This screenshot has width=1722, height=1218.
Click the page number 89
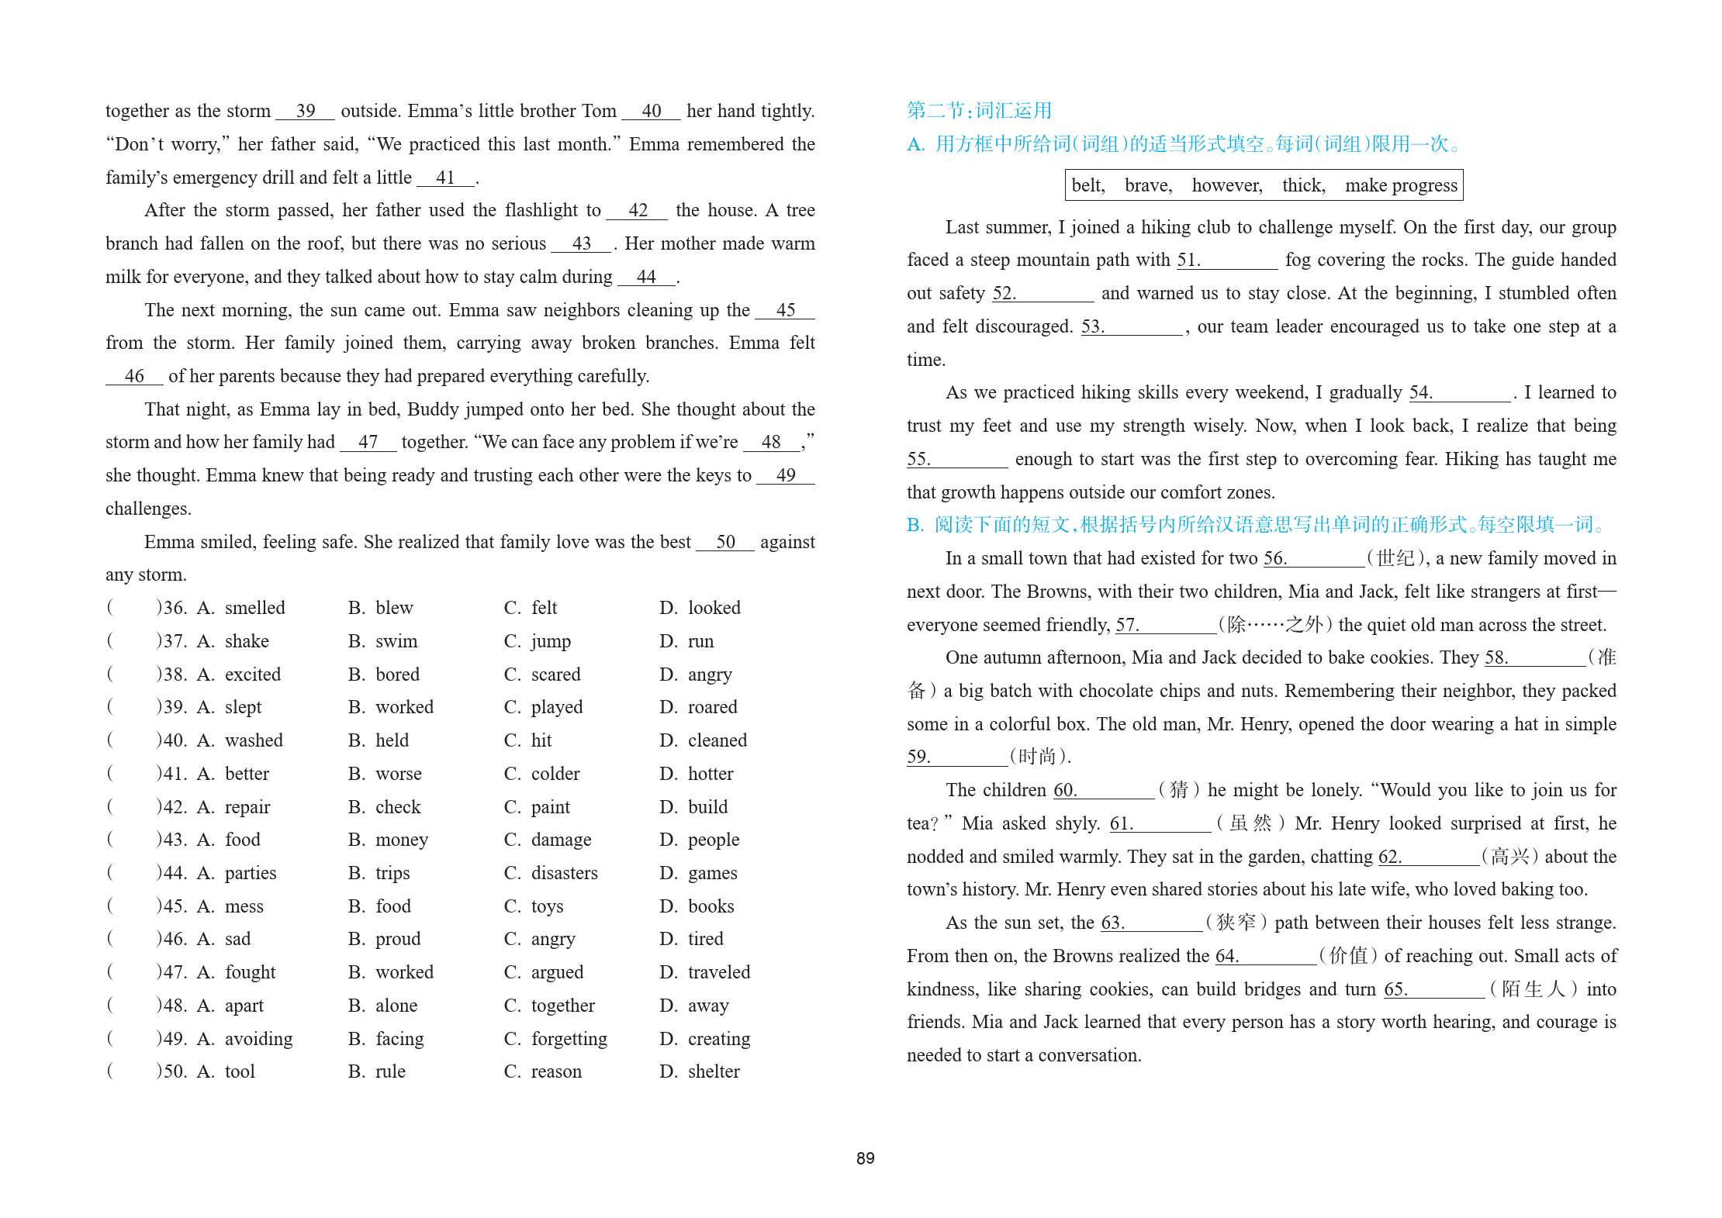(865, 1158)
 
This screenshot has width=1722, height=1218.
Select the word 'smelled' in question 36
(254, 609)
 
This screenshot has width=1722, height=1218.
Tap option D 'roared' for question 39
(712, 708)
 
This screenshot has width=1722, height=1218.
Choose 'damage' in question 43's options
(561, 840)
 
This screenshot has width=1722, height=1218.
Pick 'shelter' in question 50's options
(714, 1072)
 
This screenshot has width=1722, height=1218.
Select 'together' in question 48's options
(562, 1006)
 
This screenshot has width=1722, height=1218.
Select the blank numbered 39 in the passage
(306, 112)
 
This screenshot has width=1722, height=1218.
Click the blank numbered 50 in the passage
(725, 543)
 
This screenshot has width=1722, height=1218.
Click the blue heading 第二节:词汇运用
(979, 111)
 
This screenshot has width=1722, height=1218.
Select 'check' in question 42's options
(398, 808)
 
